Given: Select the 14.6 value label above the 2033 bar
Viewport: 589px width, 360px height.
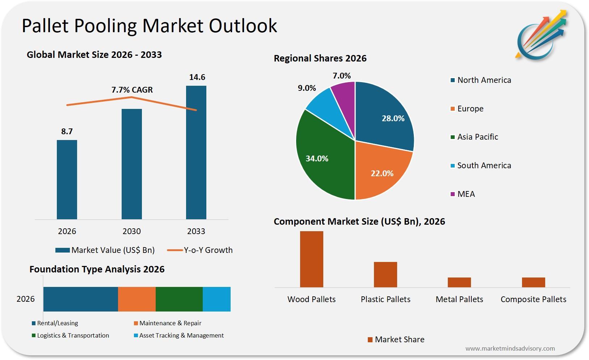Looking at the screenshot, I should coord(197,77).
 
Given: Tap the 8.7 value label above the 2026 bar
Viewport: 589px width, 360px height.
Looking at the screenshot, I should coord(67,131).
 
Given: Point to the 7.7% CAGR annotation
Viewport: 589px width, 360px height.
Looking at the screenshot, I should coord(132,90).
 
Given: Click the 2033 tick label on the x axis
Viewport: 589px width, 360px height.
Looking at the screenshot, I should coord(196,231).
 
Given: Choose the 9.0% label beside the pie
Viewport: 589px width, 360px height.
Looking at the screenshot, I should coord(307,88).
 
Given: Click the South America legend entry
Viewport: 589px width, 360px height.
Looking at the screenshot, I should coord(484,165).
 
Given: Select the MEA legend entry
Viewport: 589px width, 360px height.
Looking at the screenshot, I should coord(466,194).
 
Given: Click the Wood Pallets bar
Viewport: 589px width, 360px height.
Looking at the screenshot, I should coord(311,259).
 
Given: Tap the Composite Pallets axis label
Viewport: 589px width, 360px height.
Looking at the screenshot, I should coord(533,299).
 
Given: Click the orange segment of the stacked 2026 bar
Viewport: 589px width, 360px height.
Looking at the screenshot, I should coord(137,299).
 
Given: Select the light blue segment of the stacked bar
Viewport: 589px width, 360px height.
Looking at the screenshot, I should coord(216,299).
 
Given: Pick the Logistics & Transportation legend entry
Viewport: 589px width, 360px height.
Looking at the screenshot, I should coord(73,335).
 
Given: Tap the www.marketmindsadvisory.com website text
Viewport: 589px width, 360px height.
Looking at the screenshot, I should coord(510,348).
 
